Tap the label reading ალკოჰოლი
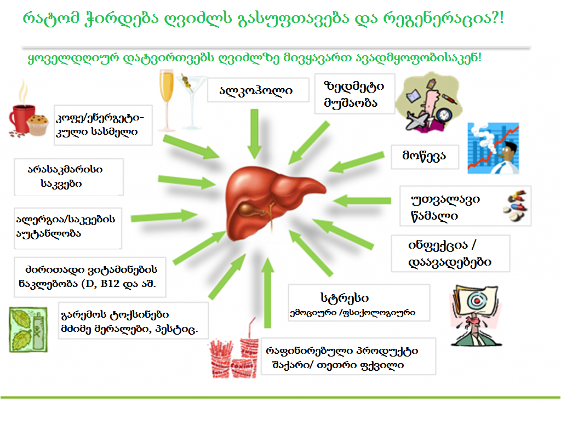(256, 91)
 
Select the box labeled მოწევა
(425, 157)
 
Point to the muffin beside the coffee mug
(38, 125)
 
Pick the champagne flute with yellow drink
(167, 100)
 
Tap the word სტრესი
(345, 298)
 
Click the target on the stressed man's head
(476, 301)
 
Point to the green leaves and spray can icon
(28, 330)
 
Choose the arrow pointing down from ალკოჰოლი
(254, 134)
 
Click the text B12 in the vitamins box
(110, 284)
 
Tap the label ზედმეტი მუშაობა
(354, 94)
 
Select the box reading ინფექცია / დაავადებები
(450, 254)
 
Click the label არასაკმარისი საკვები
(65, 177)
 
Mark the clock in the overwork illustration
(444, 114)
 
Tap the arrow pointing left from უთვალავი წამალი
(362, 200)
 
